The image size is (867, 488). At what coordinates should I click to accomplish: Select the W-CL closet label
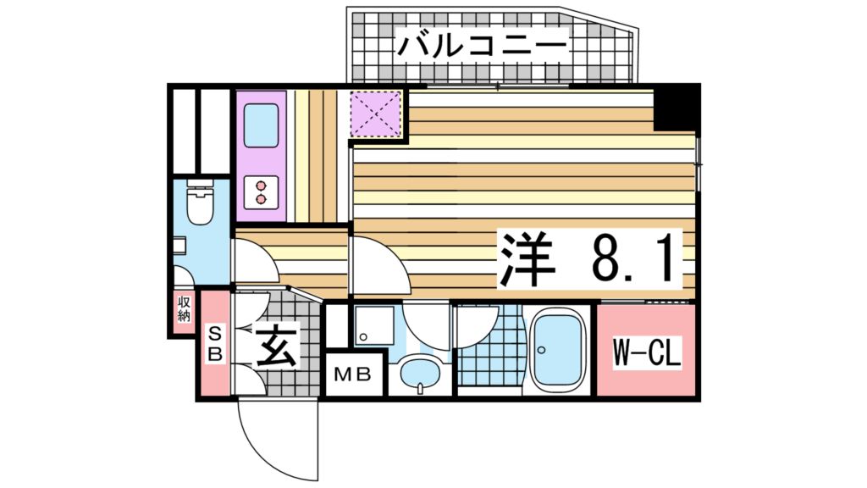pos(647,352)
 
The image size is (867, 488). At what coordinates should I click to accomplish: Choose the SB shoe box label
pos(215,343)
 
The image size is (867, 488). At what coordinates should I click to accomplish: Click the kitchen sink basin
pos(262,127)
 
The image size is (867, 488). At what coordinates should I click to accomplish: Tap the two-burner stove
pos(262,191)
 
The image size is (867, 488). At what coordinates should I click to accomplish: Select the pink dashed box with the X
pos(376,114)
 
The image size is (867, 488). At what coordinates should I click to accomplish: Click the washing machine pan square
pos(373,327)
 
